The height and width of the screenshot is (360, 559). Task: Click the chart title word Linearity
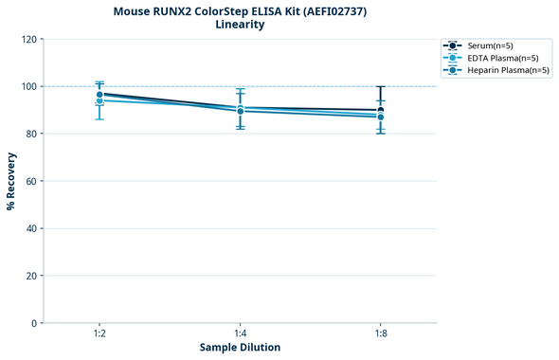tap(240, 25)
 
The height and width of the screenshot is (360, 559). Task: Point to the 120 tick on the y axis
tap(28, 39)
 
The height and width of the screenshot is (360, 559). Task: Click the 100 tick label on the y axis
tap(28, 86)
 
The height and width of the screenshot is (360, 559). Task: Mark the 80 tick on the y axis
tap(31, 134)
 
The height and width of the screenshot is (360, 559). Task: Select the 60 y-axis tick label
tap(31, 181)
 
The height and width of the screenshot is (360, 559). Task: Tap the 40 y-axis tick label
tap(31, 228)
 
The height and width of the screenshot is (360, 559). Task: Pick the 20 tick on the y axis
tap(31, 276)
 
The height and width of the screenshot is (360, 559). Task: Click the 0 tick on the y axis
tap(34, 323)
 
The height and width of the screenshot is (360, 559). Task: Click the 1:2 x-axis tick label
tap(99, 333)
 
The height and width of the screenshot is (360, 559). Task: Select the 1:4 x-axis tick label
tap(240, 333)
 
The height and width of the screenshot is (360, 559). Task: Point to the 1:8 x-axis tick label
tap(381, 333)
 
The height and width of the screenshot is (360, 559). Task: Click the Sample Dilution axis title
tap(240, 348)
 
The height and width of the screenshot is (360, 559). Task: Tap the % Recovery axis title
tap(11, 181)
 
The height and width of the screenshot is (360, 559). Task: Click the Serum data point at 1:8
tap(381, 110)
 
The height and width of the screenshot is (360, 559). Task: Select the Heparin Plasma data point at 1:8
tap(381, 117)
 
